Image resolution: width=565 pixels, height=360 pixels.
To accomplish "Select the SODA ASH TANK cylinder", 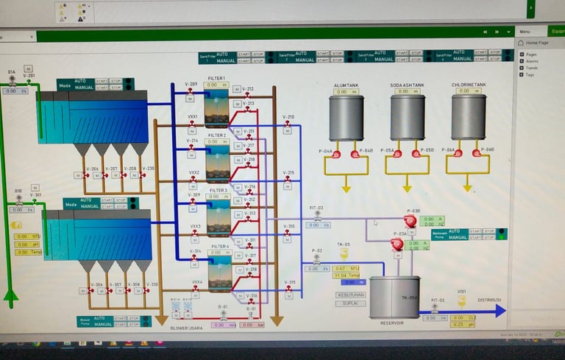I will point(407,117).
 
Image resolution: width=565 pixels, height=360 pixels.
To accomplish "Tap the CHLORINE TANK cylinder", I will point(469,117).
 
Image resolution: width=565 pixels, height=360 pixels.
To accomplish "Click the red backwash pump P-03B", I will point(411,221).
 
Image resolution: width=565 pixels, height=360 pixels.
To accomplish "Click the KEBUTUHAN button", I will point(350,294).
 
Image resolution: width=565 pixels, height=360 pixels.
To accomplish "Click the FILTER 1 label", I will point(216,78).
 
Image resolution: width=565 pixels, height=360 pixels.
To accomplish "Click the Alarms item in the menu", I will point(532,61).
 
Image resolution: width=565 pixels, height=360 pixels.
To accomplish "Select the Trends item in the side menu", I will point(532,68).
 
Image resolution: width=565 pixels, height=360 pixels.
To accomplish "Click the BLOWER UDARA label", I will point(188,328).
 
